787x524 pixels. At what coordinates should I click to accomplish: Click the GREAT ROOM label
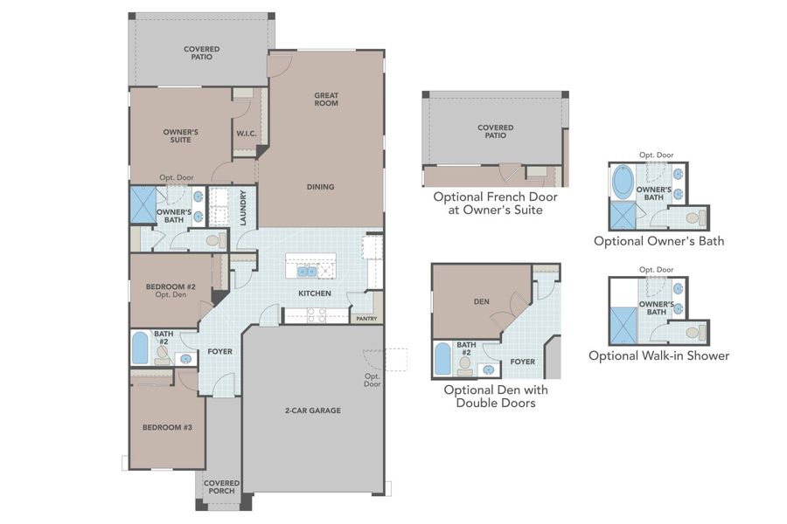pyautogui.click(x=326, y=100)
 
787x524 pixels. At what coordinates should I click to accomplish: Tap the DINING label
pyautogui.click(x=320, y=186)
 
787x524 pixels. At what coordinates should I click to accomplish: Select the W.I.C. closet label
pyautogui.click(x=244, y=134)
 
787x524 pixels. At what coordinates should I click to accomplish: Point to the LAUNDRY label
pyautogui.click(x=244, y=208)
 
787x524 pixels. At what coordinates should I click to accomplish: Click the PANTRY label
pyautogui.click(x=366, y=319)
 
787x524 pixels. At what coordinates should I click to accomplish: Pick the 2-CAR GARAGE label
pyautogui.click(x=312, y=410)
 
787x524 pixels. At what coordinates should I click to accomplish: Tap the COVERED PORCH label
pyautogui.click(x=220, y=486)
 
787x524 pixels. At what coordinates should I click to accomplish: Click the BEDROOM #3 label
pyautogui.click(x=163, y=428)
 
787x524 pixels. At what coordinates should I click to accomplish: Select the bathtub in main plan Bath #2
pyautogui.click(x=140, y=348)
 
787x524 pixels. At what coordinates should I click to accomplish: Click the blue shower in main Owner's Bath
pyautogui.click(x=142, y=207)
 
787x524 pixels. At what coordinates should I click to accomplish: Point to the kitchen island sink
pyautogui.click(x=308, y=272)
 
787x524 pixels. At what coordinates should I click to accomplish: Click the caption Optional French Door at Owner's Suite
pyautogui.click(x=495, y=203)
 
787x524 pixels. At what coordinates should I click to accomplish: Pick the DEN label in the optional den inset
pyautogui.click(x=481, y=301)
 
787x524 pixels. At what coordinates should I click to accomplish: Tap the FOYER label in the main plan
pyautogui.click(x=219, y=353)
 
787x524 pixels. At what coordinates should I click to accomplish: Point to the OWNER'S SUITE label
pyautogui.click(x=181, y=134)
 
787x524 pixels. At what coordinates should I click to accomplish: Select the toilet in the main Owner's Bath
pyautogui.click(x=212, y=240)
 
